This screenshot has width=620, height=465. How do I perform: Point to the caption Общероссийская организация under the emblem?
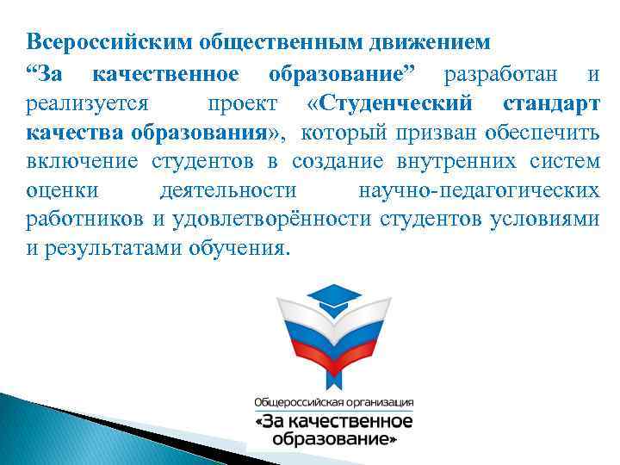[x=332, y=402]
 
